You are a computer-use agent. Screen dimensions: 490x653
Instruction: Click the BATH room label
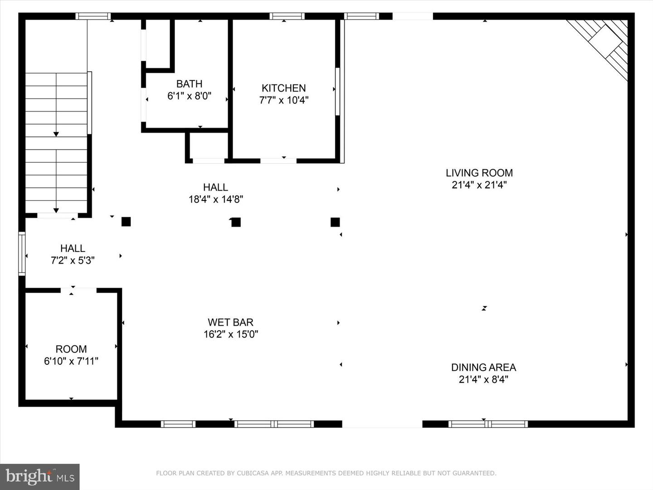(189, 84)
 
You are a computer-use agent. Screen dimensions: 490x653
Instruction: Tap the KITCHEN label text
(283, 88)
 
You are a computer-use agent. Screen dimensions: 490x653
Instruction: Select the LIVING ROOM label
(479, 173)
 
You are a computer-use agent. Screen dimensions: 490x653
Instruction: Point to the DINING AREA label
(483, 367)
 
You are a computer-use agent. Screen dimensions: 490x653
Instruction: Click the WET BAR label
(230, 323)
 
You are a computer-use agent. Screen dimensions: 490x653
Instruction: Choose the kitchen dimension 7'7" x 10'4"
(283, 100)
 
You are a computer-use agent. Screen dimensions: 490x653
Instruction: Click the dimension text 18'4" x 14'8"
(216, 199)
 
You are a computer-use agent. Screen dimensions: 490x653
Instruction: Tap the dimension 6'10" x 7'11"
(71, 361)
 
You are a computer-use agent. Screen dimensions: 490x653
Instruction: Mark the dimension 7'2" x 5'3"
(73, 260)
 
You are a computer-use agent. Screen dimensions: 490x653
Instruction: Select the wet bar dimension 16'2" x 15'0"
(230, 334)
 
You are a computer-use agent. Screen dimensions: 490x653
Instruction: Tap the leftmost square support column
(126, 222)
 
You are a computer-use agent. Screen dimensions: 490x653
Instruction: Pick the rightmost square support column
(335, 222)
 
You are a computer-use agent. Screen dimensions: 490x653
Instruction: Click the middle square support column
(236, 222)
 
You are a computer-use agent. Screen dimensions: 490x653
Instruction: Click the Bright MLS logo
(40, 476)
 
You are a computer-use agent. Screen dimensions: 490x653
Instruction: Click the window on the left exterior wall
(22, 254)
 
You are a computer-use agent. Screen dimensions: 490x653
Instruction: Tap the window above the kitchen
(287, 16)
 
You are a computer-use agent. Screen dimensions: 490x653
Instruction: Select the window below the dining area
(488, 424)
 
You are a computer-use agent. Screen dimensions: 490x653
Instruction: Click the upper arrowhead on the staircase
(56, 134)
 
